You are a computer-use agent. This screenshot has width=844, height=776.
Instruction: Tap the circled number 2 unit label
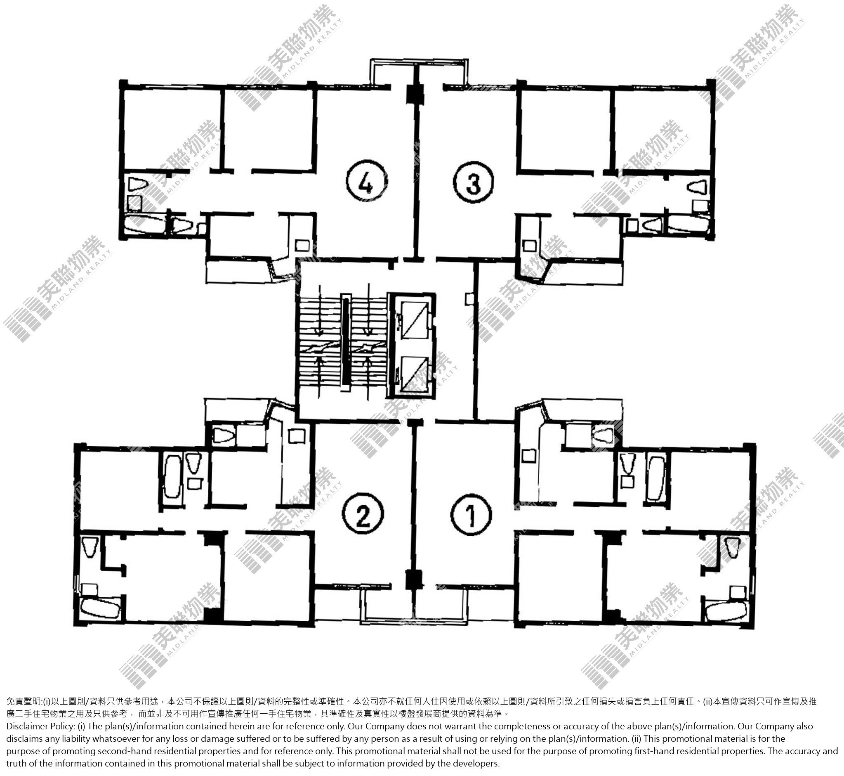363,515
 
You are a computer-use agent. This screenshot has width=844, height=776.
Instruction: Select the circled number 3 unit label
473,183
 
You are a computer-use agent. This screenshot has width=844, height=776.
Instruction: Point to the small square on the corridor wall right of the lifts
469,298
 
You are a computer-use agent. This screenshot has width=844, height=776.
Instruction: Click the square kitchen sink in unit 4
301,245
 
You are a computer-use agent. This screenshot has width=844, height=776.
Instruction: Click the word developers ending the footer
478,763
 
